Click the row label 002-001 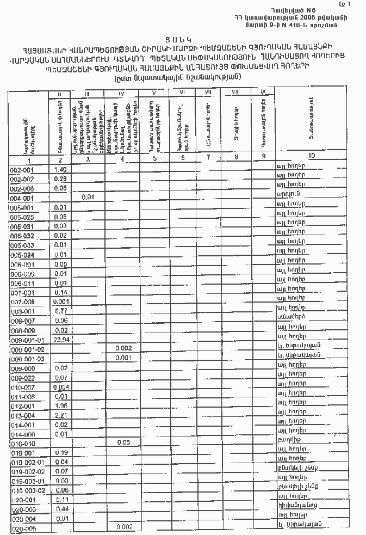22,170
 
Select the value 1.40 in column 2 60,169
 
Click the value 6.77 60,311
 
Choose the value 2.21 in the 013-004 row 60,415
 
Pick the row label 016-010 22,444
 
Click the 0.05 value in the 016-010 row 125,442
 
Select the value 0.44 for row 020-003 60,508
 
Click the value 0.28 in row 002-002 60,179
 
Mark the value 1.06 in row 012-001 60,405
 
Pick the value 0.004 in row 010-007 60,386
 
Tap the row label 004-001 22,198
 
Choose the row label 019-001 22,453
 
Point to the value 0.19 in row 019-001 60,452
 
